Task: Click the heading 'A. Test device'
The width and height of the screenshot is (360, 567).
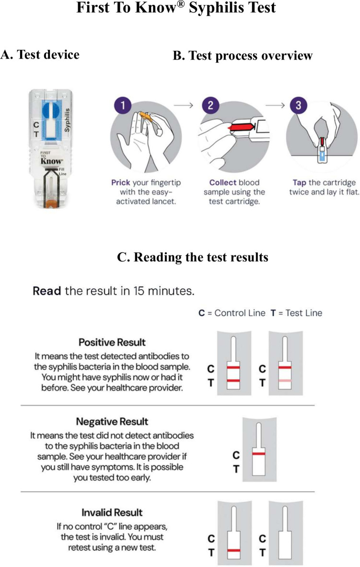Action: (40, 55)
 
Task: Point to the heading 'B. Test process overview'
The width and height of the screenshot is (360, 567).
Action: (242, 56)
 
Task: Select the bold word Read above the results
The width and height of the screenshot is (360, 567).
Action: (46, 291)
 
